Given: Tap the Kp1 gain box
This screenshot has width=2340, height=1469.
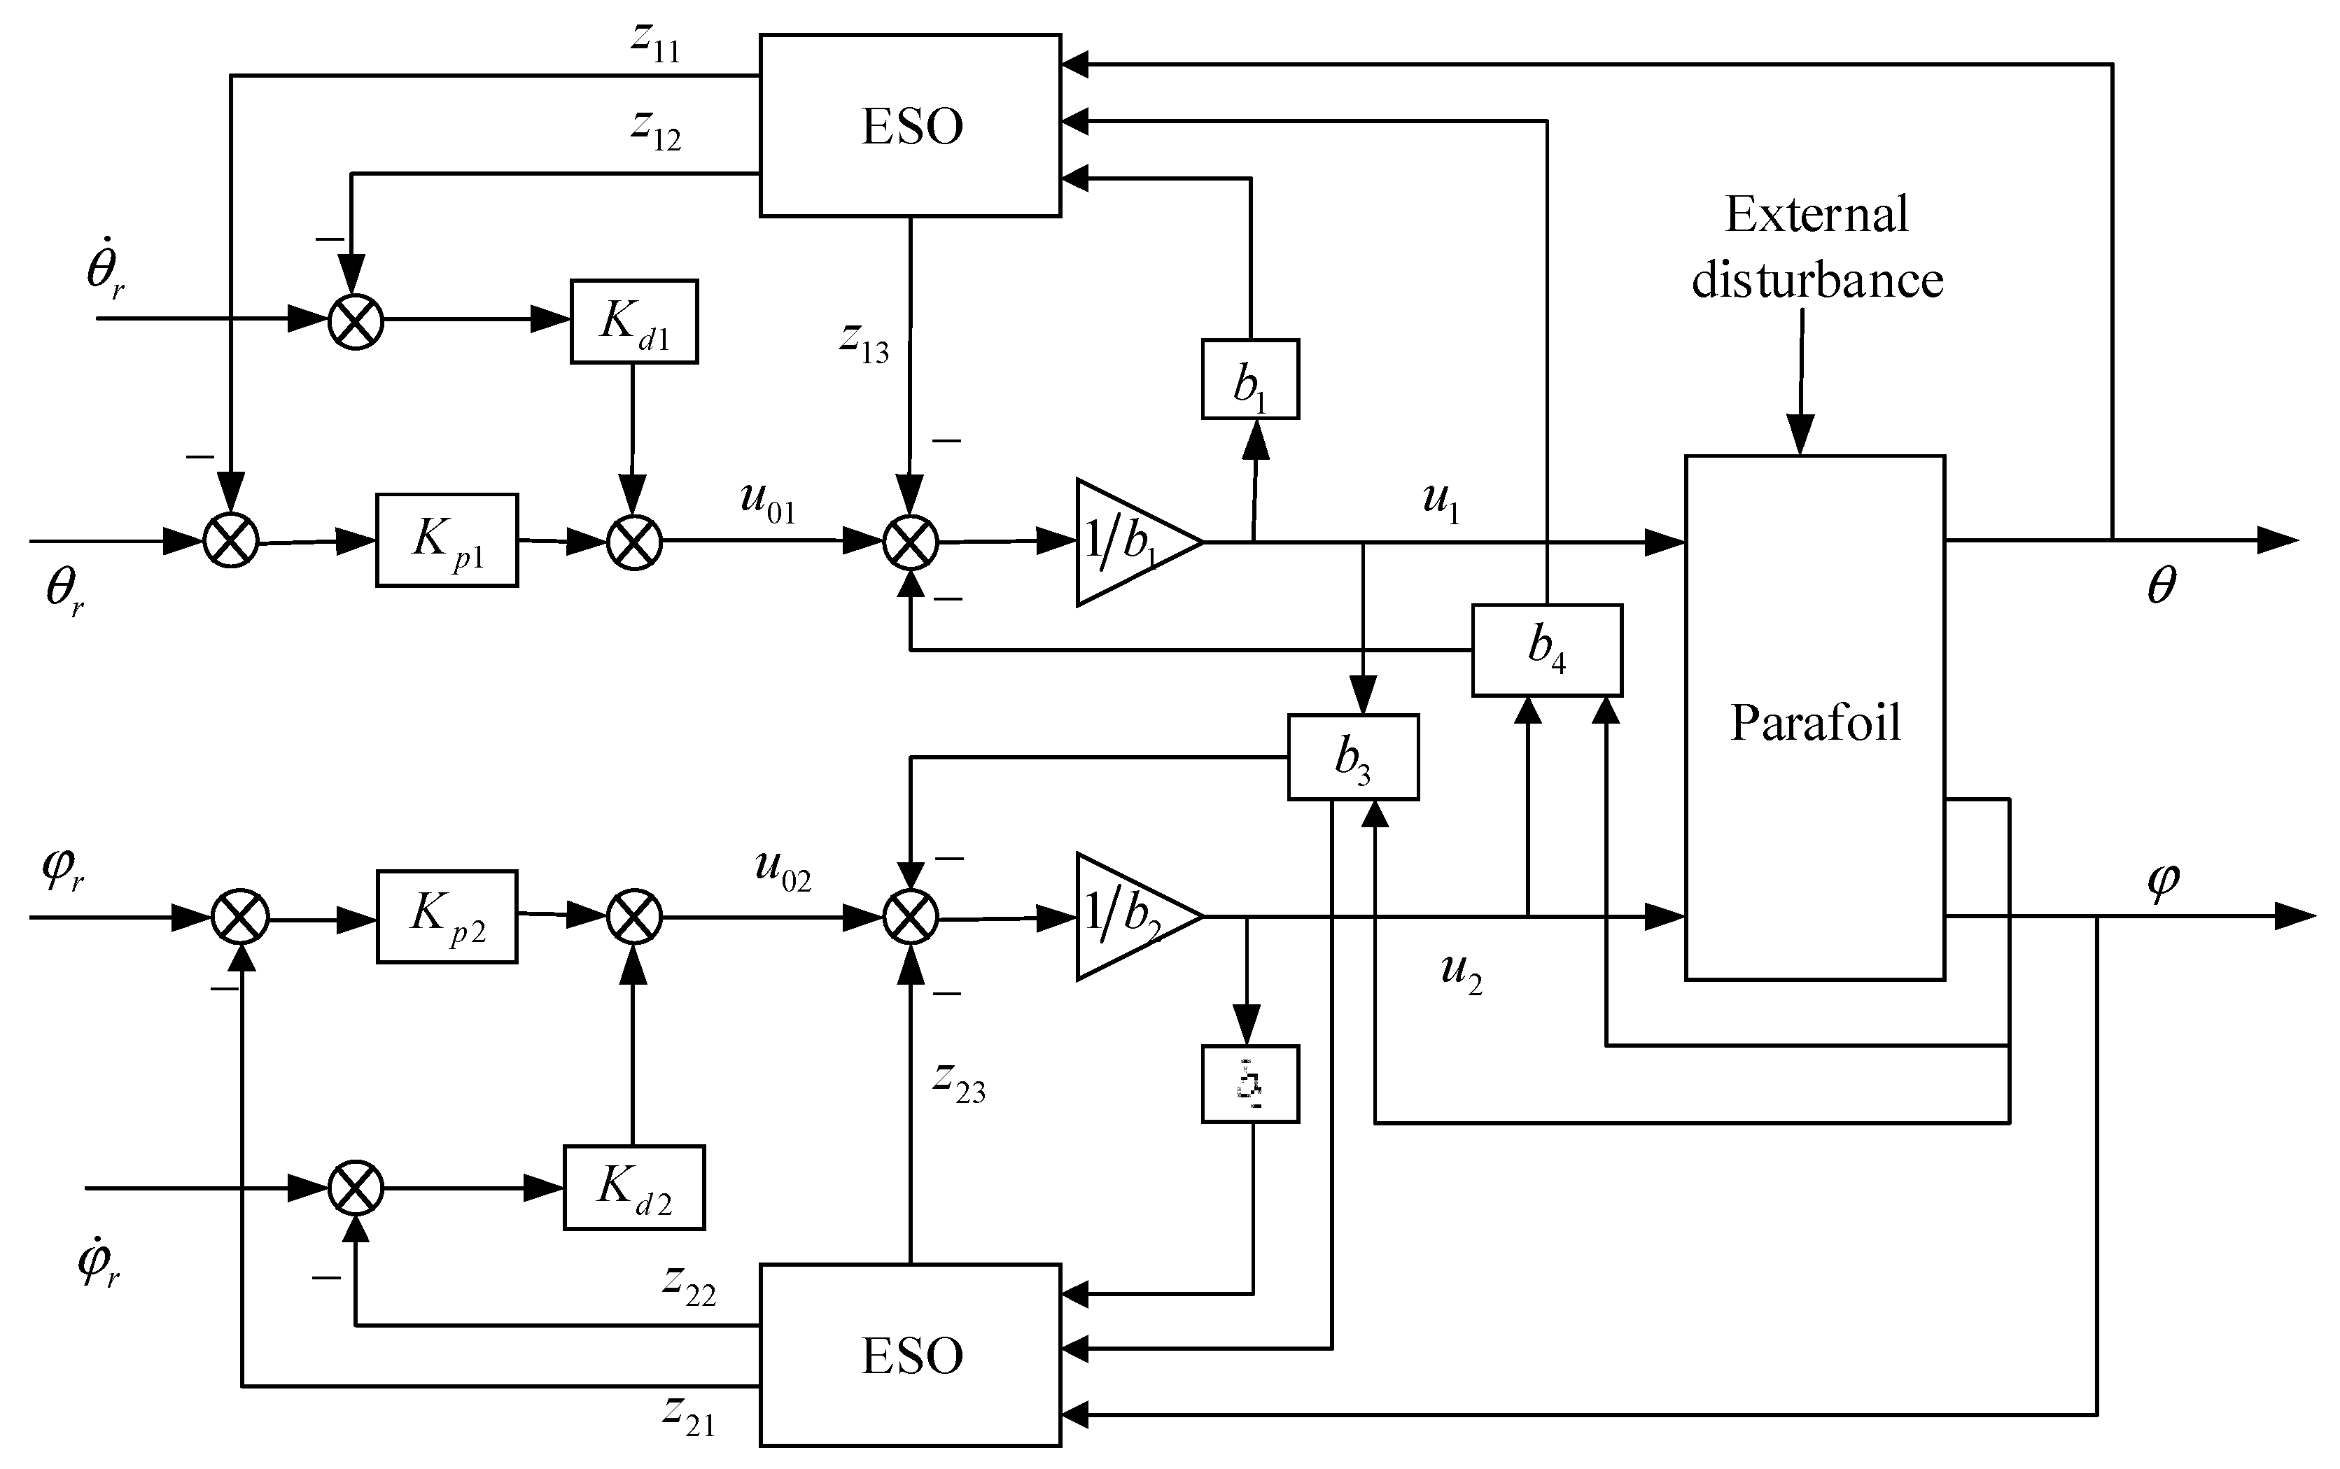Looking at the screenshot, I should (447, 540).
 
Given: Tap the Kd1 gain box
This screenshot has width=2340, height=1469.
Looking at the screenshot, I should (633, 322).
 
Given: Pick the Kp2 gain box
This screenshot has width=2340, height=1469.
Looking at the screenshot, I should (447, 916).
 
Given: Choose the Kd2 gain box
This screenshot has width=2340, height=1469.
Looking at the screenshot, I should (633, 1187).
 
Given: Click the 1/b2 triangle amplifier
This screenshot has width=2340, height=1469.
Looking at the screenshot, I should (1127, 916).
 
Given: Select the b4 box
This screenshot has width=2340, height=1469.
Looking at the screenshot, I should (1546, 650).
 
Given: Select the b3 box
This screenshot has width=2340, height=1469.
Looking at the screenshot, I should (1352, 757).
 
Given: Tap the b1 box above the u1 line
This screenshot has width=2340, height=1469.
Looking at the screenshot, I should (1249, 379).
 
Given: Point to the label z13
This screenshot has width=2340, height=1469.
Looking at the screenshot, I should (864, 342).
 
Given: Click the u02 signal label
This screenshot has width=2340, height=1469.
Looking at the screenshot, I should (783, 871).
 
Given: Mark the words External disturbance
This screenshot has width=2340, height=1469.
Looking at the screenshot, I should (1816, 248).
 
